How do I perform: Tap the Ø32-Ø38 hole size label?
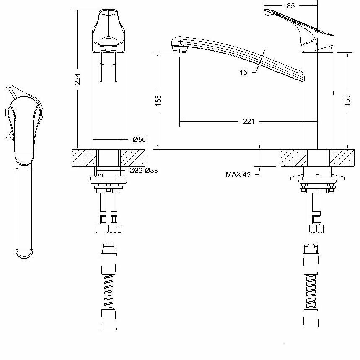(x=143, y=171)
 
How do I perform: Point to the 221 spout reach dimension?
(x=249, y=122)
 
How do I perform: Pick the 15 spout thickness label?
(x=243, y=73)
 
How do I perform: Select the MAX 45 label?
(x=238, y=174)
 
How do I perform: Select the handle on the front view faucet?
(x=109, y=25)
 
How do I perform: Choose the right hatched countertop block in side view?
(x=341, y=158)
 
